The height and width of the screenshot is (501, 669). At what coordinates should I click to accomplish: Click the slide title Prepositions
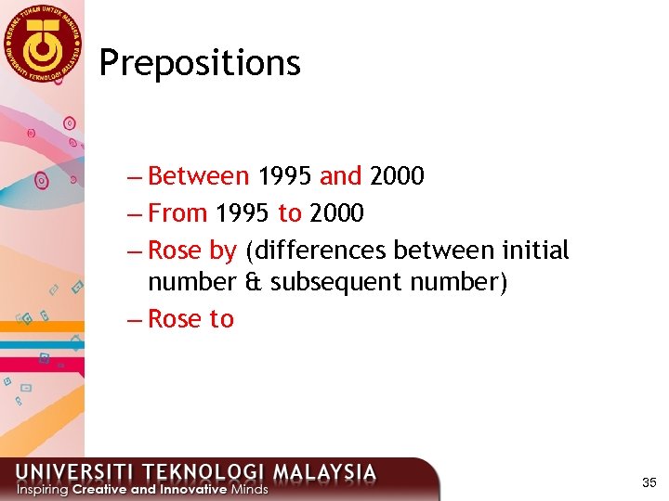[x=200, y=64]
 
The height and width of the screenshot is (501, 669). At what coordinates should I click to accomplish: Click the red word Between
[x=198, y=175]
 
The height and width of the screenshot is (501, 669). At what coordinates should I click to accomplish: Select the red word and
[x=340, y=175]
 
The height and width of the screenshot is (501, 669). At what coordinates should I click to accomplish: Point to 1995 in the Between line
[x=285, y=175]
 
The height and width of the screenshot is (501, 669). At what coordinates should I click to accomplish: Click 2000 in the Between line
[x=397, y=175]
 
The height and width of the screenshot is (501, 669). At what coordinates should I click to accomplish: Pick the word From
[x=177, y=213]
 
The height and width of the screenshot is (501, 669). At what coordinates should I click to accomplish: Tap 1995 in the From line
[x=243, y=213]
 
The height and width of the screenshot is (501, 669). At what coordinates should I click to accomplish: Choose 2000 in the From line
[x=336, y=213]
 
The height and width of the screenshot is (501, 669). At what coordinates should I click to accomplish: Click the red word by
[x=223, y=251]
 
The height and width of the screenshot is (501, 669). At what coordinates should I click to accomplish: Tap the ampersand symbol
[x=251, y=281]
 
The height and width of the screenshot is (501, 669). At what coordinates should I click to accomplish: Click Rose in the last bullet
[x=175, y=319]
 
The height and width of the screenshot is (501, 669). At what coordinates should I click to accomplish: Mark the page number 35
[x=649, y=483]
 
